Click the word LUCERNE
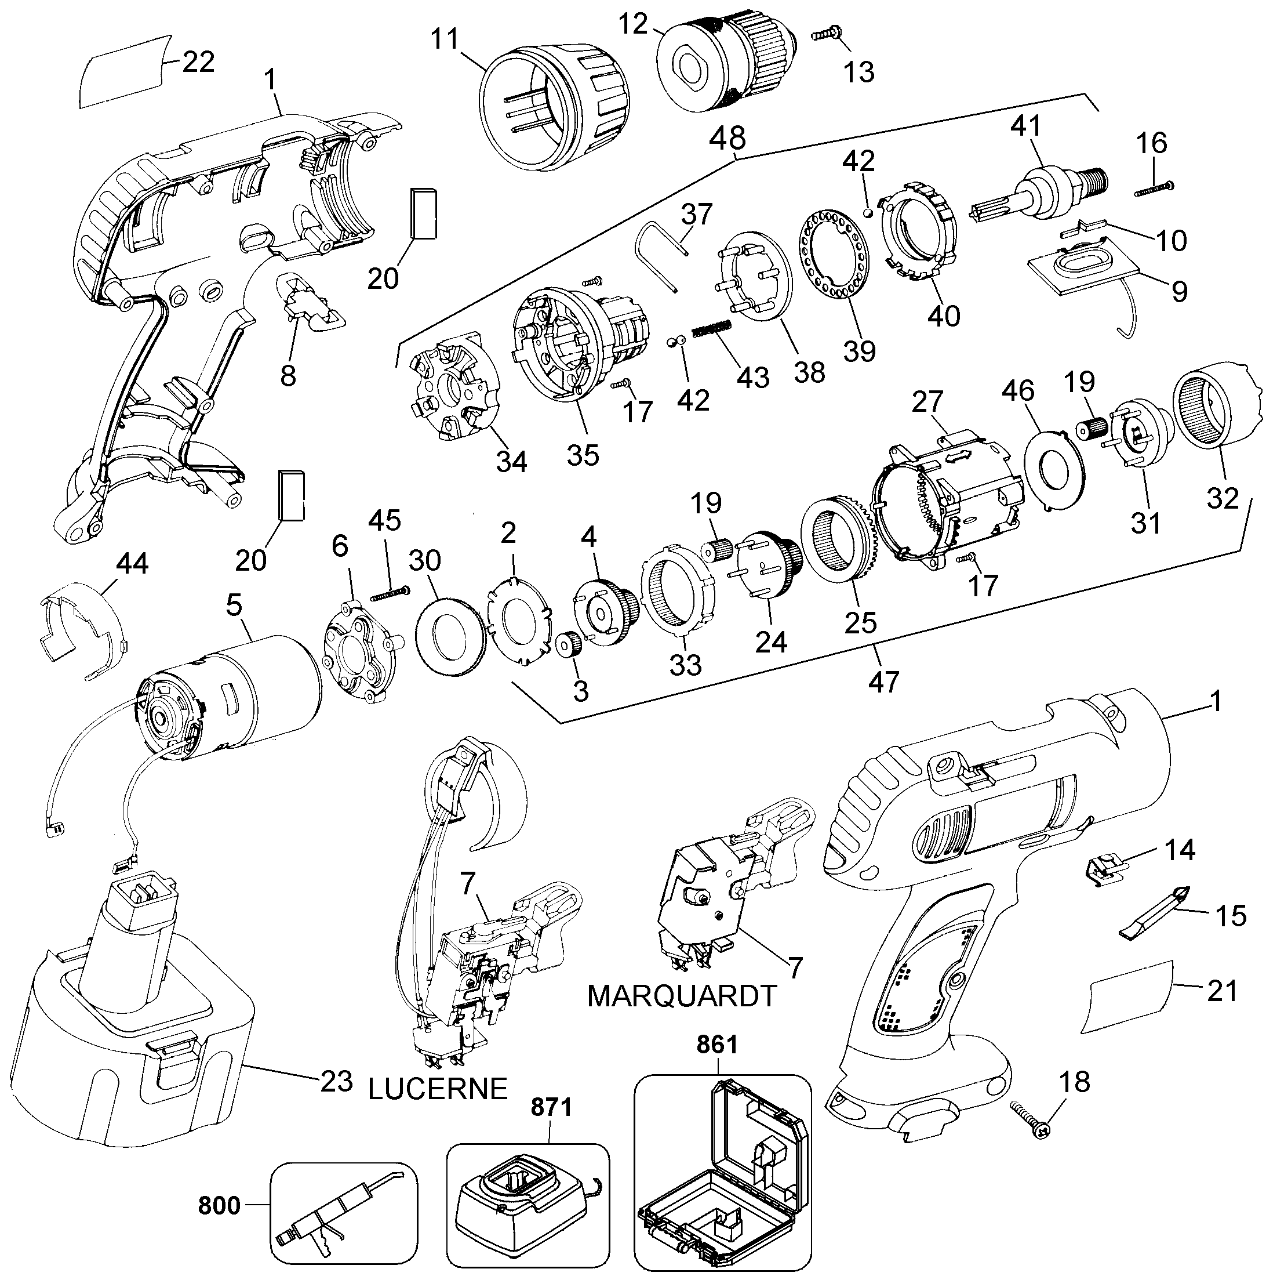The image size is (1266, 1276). point(438,1089)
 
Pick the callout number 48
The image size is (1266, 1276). point(728,139)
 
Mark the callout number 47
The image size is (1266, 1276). point(884,681)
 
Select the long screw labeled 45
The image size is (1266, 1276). point(391,593)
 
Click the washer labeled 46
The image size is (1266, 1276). point(1053,468)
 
